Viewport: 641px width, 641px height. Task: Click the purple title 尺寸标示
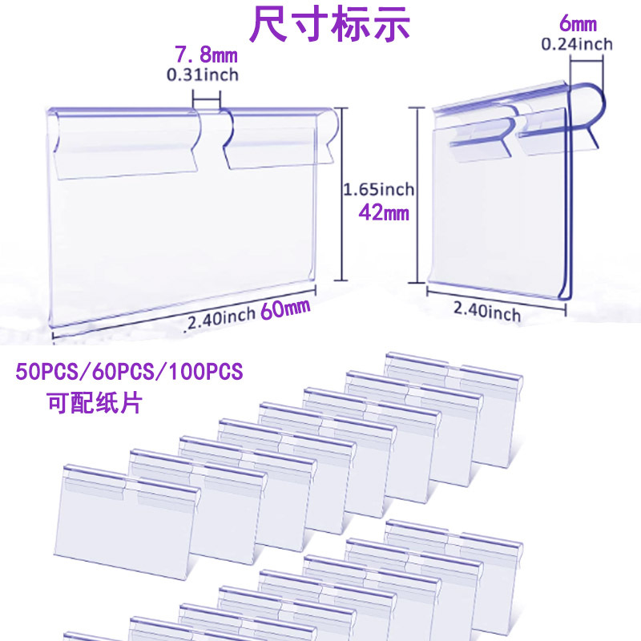329,25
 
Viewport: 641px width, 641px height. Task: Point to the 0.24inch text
577,44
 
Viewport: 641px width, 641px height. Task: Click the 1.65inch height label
379,190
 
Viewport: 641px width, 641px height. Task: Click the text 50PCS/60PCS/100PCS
128,373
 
